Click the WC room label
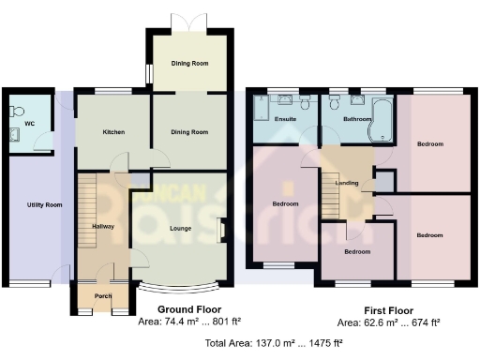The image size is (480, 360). click(31, 123)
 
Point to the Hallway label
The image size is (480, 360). click(103, 227)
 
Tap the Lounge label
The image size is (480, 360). click(180, 228)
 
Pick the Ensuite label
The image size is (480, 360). click(285, 120)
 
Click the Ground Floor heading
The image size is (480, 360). click(187, 310)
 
